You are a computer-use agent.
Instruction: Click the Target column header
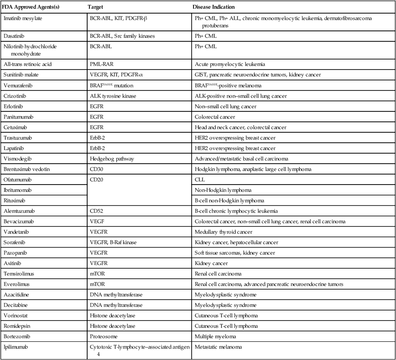pos(96,8)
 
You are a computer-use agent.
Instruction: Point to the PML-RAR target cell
pos(102,64)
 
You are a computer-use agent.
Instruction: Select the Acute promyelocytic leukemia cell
pos(227,64)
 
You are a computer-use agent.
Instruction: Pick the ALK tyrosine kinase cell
pos(111,96)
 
